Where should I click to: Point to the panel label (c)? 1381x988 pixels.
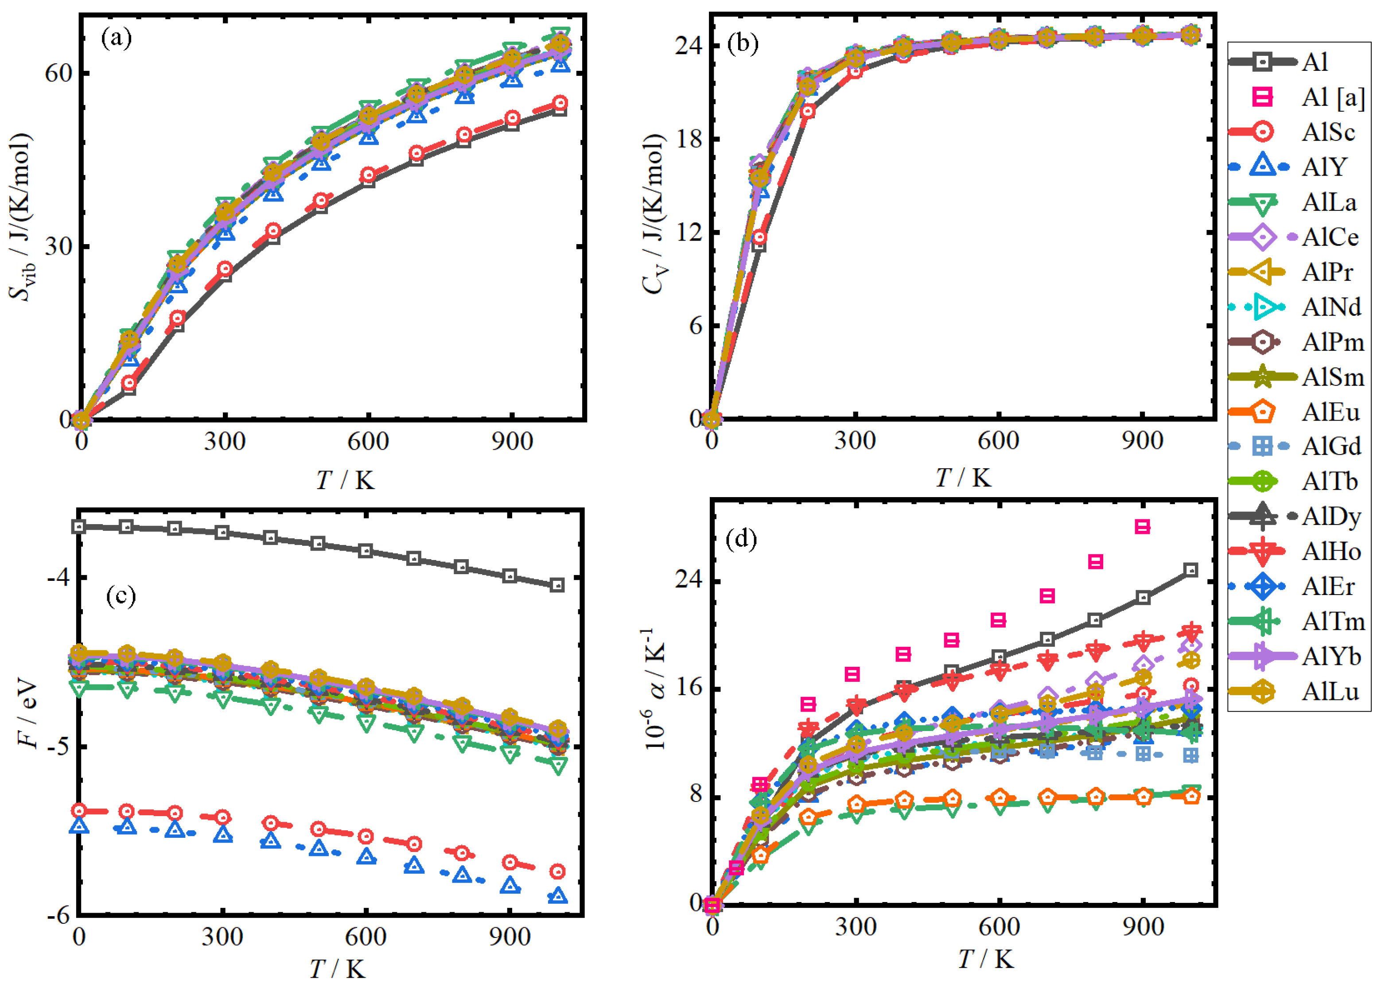coord(121,595)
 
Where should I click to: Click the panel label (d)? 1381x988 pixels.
coord(741,539)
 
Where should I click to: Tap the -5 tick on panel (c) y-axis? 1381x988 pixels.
coord(58,747)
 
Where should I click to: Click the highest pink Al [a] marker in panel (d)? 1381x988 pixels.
coord(1143,527)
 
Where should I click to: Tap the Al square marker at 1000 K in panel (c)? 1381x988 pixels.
coord(556,585)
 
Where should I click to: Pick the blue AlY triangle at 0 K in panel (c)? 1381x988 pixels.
coord(79,825)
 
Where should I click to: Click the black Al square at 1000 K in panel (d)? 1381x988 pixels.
coord(1191,570)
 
